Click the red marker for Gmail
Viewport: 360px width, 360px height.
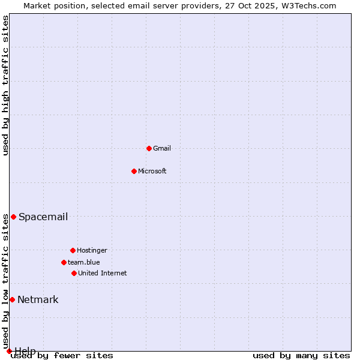click(x=149, y=148)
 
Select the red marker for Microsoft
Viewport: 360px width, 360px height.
click(x=134, y=171)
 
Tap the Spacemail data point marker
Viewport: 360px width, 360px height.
click(x=13, y=217)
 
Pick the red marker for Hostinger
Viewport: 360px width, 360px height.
click(x=73, y=250)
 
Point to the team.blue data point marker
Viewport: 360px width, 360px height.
click(x=64, y=262)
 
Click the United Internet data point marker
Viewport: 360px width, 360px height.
click(x=74, y=273)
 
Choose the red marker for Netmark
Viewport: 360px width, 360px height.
click(x=12, y=299)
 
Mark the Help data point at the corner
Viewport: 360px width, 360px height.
click(x=9, y=351)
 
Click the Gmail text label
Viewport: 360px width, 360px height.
click(x=162, y=148)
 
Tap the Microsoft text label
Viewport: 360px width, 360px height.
click(x=152, y=171)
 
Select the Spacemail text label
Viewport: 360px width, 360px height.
click(x=43, y=217)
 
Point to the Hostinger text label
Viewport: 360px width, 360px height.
click(x=92, y=250)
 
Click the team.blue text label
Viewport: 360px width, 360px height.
click(x=84, y=262)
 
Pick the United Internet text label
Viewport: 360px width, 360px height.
click(x=103, y=273)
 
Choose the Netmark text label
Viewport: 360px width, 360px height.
click(x=38, y=299)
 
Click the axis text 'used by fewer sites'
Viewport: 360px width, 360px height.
click(x=62, y=356)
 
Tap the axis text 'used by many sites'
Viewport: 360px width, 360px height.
click(x=301, y=356)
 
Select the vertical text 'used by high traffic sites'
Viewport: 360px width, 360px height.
click(x=5, y=85)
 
